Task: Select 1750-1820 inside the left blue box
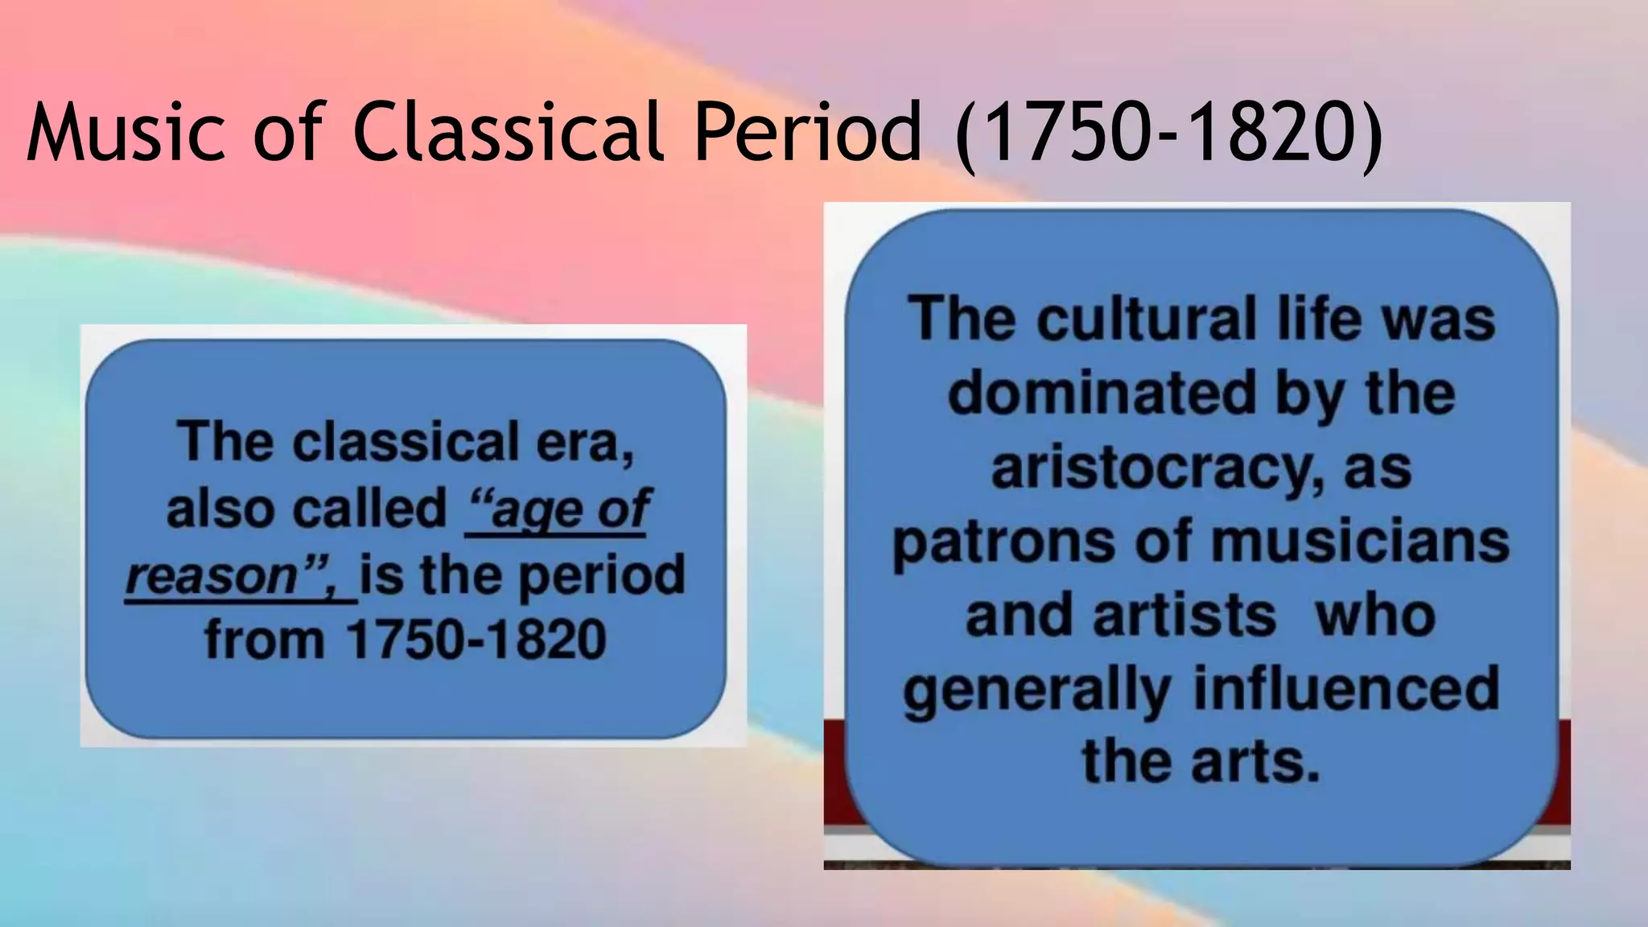[476, 641]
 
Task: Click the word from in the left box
[264, 641]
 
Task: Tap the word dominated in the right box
[1102, 393]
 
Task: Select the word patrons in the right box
[1003, 542]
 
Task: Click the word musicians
[1360, 542]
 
